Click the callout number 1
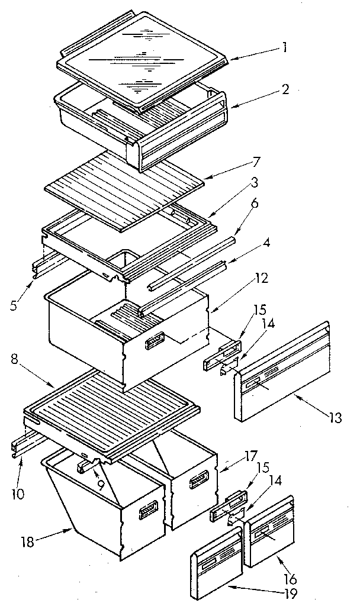pos(285,47)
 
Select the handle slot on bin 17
pos(197,482)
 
